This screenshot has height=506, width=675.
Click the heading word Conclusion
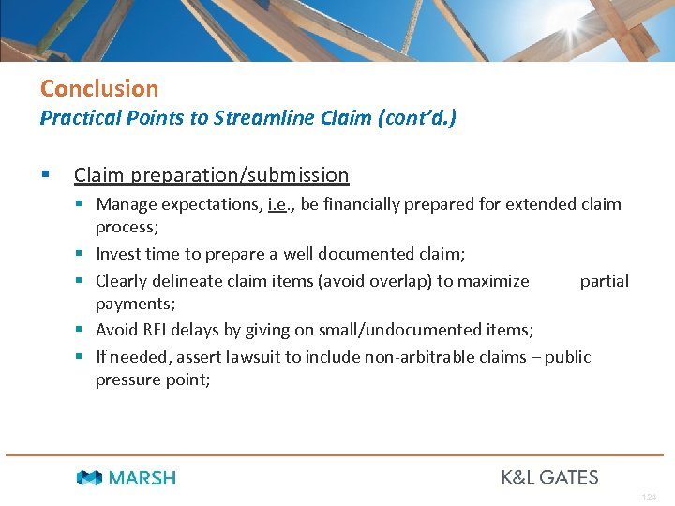99,89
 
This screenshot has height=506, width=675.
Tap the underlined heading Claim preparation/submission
211,175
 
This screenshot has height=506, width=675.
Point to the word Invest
118,254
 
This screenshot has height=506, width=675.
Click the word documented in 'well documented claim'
361,254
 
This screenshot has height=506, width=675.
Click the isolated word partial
604,280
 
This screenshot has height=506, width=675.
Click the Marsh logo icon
89,478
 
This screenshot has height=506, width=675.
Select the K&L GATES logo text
549,477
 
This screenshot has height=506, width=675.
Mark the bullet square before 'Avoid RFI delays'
84,330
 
